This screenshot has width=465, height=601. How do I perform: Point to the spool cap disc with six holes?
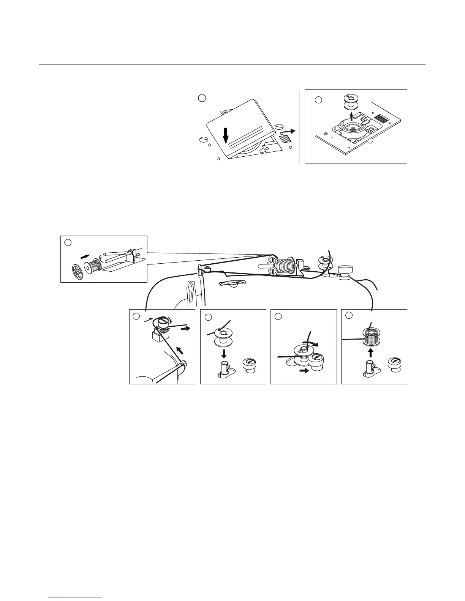coord(78,271)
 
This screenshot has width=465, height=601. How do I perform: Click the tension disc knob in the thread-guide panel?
coord(163,323)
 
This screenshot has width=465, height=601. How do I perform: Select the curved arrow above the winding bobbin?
coord(310,343)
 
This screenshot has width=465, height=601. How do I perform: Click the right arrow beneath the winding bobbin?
coord(304,371)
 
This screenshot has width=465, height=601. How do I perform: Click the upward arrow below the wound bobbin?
coord(371,353)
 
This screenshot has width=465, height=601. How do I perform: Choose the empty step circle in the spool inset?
coord(68,242)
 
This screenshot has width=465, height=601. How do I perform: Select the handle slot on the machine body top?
coord(232,283)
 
